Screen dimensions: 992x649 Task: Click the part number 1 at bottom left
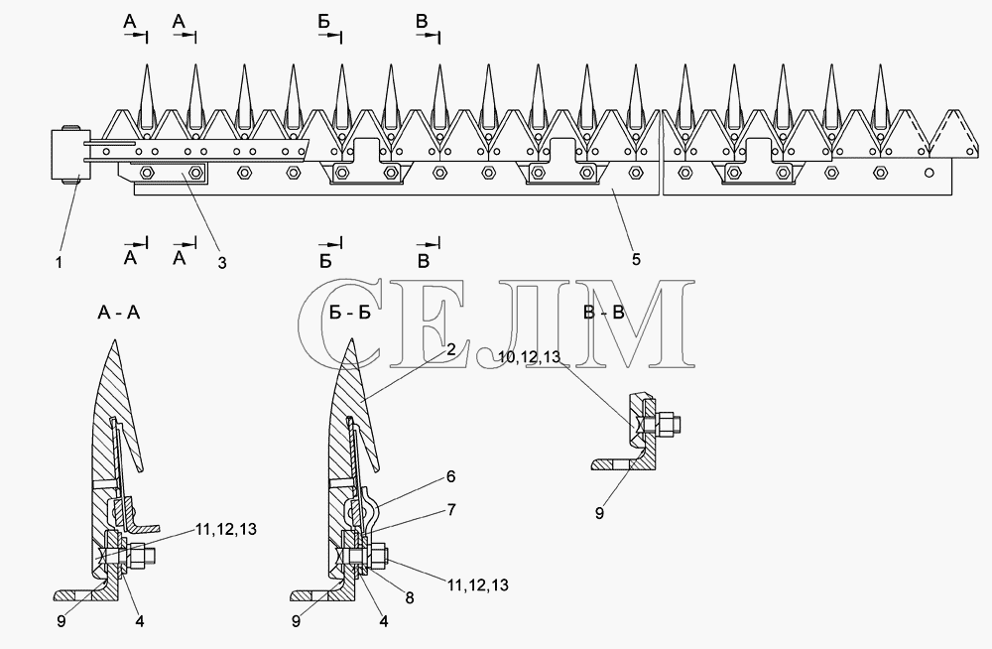[60, 262]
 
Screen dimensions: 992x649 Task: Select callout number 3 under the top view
[222, 262]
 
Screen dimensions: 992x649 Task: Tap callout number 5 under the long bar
[636, 259]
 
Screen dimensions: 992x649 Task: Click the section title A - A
[119, 313]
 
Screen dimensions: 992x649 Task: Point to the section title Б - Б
[350, 313]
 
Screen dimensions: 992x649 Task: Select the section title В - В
[603, 313]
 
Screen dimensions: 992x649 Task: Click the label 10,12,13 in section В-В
[530, 357]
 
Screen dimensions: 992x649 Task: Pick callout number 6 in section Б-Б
[450, 476]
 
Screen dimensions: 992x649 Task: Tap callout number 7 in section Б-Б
[451, 510]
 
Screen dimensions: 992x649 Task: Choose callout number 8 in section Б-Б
[410, 597]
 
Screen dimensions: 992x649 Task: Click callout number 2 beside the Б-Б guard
[450, 349]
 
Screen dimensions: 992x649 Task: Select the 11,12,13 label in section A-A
[226, 529]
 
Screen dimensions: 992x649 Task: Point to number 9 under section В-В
[599, 513]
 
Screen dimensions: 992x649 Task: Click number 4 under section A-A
[140, 622]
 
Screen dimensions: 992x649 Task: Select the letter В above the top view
[422, 22]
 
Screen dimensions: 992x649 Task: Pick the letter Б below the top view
[324, 261]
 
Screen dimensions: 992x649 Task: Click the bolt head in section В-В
[669, 424]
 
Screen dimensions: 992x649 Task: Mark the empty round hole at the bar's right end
[929, 173]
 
